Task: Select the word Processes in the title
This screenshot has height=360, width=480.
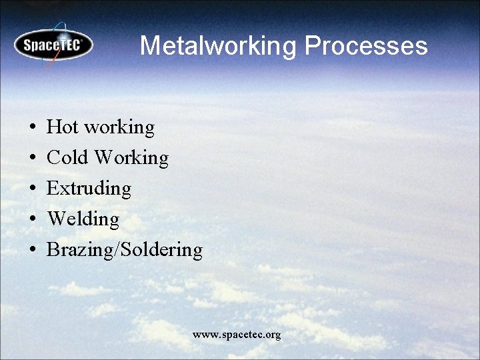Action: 366,46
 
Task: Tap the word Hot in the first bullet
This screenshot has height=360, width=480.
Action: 62,127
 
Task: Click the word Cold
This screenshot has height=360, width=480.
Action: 67,157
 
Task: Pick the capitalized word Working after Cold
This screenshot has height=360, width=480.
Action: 131,158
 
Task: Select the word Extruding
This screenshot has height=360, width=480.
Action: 89,189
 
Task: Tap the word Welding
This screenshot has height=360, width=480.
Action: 83,219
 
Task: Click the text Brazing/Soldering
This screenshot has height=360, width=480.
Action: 124,250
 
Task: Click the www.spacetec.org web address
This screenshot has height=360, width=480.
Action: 237,334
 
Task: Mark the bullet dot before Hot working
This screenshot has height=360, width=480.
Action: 32,127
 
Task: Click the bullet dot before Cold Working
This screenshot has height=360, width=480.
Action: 32,158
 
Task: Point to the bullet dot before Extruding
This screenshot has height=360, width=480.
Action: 32,189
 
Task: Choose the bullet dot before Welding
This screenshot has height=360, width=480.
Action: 32,219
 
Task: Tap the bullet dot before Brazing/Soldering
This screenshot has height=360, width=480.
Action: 32,250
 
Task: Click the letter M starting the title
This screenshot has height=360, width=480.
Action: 149,46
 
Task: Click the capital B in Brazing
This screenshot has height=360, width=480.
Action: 53,249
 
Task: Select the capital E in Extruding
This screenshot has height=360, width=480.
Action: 52,188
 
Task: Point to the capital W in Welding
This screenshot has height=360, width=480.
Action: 55,219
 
